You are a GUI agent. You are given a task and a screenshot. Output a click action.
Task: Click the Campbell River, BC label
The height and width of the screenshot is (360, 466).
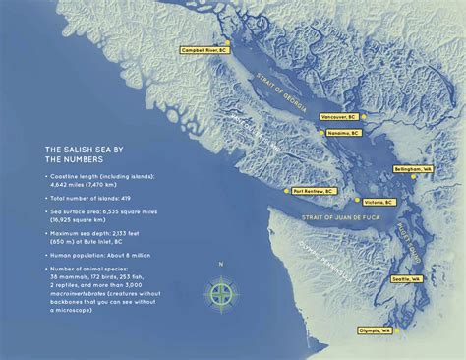(x=206, y=48)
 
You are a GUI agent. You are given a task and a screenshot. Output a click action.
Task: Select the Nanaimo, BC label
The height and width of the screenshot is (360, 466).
(x=342, y=131)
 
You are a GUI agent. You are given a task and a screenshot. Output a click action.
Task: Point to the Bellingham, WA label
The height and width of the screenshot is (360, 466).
(x=412, y=169)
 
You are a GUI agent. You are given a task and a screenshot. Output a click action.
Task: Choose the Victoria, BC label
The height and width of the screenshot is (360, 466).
(x=376, y=201)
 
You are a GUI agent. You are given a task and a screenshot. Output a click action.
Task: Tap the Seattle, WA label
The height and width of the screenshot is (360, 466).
(x=406, y=279)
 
